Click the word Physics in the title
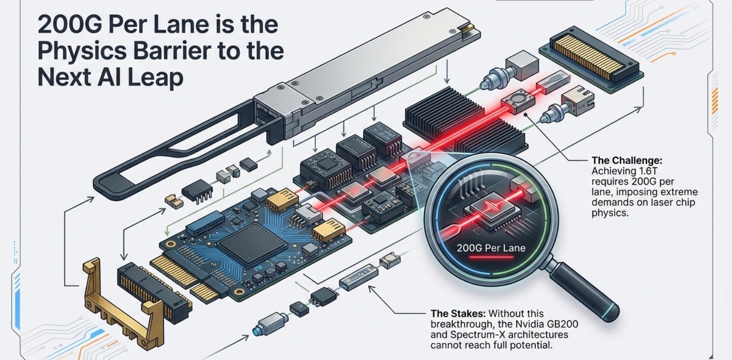[82, 51]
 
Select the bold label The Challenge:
[627, 160]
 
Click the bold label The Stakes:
[458, 314]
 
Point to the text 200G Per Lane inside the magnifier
[491, 248]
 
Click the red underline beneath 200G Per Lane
[491, 257]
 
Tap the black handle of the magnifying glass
[585, 291]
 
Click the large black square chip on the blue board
[252, 244]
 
